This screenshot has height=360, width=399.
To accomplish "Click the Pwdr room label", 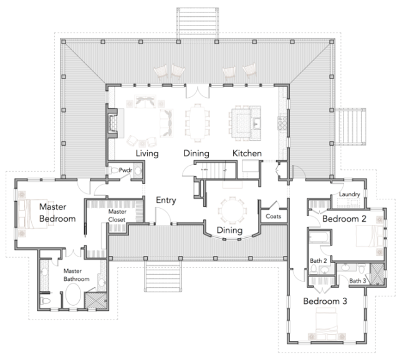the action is [125, 170].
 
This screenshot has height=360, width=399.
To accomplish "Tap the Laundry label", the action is [349, 194].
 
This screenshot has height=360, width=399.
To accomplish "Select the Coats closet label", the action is [273, 216].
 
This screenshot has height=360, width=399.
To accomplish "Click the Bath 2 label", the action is [319, 260].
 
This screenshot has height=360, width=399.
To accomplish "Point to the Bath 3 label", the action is [357, 281].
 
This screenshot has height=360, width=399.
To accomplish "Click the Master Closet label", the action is [117, 216].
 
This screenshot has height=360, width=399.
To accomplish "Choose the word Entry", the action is [166, 201].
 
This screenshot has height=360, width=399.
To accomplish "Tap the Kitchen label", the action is [247, 153].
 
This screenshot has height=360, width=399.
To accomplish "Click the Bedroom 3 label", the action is [325, 301].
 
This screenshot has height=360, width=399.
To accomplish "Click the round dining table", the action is [233, 211].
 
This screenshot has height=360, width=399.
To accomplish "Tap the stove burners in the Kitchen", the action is [282, 123].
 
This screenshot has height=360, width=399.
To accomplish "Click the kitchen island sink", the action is [256, 124].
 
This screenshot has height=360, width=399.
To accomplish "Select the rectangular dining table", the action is [197, 123].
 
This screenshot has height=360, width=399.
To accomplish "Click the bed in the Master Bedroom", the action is [32, 214].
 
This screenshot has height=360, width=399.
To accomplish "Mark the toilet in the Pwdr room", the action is [113, 170].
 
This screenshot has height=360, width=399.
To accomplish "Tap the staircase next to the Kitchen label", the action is [216, 170].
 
